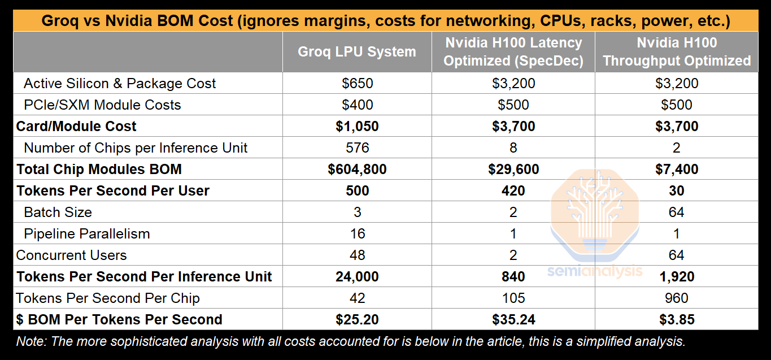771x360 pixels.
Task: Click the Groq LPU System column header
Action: pos(357,52)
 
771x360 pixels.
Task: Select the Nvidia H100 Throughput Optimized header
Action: pos(677,52)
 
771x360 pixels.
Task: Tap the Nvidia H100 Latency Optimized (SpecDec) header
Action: pos(513,52)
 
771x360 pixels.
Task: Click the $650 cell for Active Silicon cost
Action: pos(357,84)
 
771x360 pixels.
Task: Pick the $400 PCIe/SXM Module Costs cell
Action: pos(357,105)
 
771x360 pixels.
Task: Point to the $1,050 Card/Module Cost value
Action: pos(357,127)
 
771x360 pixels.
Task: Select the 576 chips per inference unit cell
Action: pos(357,148)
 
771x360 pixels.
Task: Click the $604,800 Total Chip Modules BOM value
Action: pos(357,170)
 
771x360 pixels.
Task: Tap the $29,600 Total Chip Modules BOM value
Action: pos(513,170)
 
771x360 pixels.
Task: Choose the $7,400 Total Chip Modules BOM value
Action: pos(677,170)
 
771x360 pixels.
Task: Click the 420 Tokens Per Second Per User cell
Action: pos(513,191)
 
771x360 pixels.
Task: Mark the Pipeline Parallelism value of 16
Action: pos(357,234)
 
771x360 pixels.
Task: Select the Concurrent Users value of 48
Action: pos(357,255)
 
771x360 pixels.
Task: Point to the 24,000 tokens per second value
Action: pos(357,277)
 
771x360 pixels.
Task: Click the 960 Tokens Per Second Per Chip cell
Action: pos(677,298)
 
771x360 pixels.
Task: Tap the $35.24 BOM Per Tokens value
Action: pos(513,320)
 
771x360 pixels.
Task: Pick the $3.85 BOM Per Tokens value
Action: pos(677,320)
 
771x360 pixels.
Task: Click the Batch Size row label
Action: pos(58,212)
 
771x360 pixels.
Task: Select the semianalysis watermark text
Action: pos(594,271)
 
